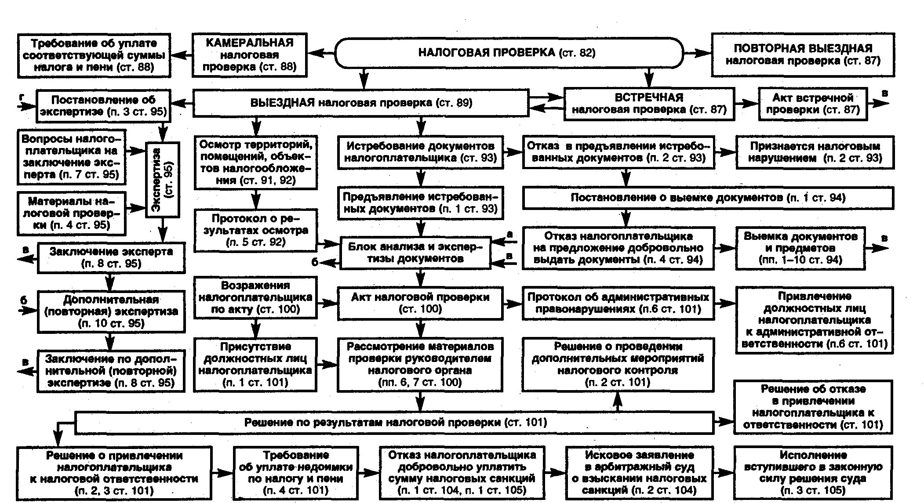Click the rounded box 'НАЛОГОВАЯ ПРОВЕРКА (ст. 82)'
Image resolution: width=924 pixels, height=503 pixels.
(x=509, y=53)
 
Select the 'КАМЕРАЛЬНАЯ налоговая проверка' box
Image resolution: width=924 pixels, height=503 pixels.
(x=249, y=55)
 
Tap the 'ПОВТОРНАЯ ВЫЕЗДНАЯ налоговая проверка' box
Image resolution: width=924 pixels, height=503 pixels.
(x=803, y=54)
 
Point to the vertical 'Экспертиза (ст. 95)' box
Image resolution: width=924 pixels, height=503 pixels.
(x=163, y=180)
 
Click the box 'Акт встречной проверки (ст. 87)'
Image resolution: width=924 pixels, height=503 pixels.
(x=813, y=104)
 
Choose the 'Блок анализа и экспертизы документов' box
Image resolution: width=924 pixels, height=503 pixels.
(x=415, y=253)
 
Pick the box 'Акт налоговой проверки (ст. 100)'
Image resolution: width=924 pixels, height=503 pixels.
(x=420, y=303)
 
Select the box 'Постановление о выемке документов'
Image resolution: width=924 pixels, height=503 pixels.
(x=708, y=198)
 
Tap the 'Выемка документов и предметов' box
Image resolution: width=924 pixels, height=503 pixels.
(x=800, y=248)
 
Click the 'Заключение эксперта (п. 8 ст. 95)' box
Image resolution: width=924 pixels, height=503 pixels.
(x=111, y=257)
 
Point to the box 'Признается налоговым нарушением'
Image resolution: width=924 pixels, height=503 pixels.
(x=815, y=152)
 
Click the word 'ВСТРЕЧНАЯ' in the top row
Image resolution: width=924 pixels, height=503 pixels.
(x=649, y=98)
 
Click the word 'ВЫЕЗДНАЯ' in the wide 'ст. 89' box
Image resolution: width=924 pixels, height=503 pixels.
(x=282, y=103)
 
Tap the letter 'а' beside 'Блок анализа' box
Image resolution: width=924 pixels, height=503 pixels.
(x=509, y=235)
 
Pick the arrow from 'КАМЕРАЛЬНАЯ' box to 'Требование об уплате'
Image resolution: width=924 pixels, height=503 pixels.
(x=182, y=55)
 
